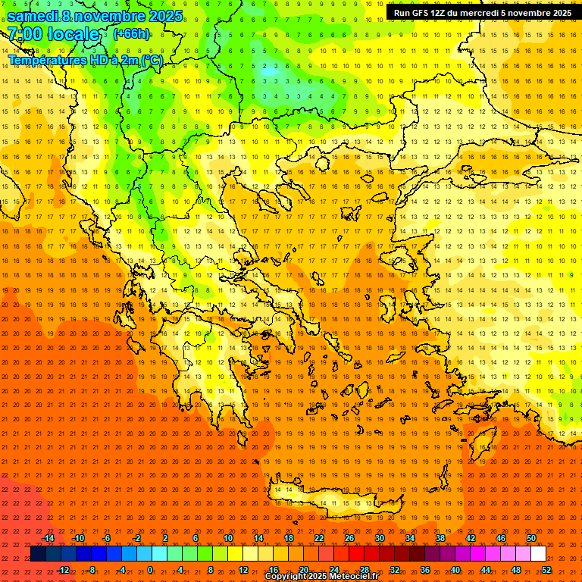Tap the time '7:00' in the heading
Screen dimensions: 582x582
pos(25,34)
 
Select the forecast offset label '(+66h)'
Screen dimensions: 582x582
pos(131,34)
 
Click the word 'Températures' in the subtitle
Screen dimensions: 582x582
pos(45,60)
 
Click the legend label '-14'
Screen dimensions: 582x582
pos(48,538)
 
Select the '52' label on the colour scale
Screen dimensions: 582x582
pos(546,570)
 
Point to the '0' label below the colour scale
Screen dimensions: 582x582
pos(149,570)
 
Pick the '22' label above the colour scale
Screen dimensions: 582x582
pos(319,538)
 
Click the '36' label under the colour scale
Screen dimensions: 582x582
pos(425,570)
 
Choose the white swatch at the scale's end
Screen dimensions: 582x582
pos(538,554)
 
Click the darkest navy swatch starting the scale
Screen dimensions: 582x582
pos(38,554)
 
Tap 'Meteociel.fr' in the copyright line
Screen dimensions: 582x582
pos(353,577)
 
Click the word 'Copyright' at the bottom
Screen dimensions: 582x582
pos(286,577)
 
